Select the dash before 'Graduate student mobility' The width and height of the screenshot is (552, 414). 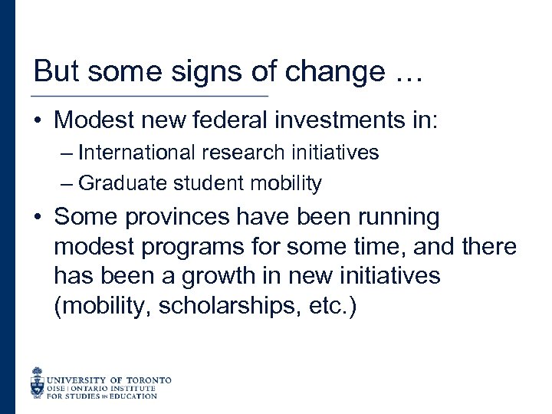(x=67, y=184)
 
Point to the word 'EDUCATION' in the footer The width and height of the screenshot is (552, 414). (x=131, y=396)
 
